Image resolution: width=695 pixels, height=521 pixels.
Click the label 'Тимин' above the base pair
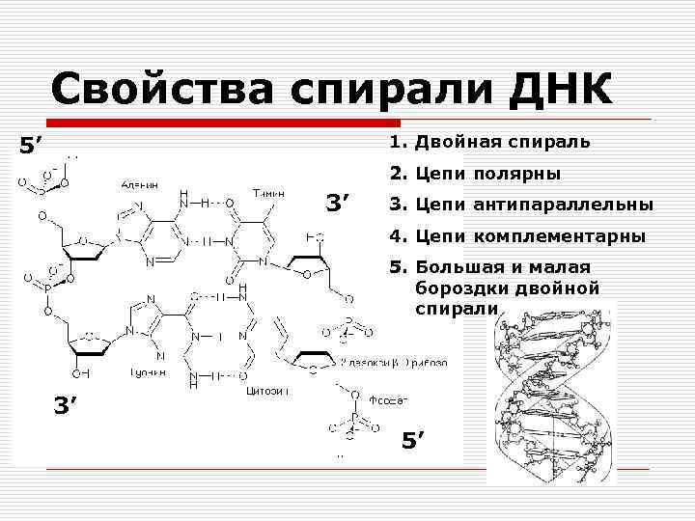pos(268,192)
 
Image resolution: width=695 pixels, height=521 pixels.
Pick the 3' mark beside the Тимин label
pos(342,204)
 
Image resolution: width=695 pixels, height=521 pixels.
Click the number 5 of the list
pos(393,266)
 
